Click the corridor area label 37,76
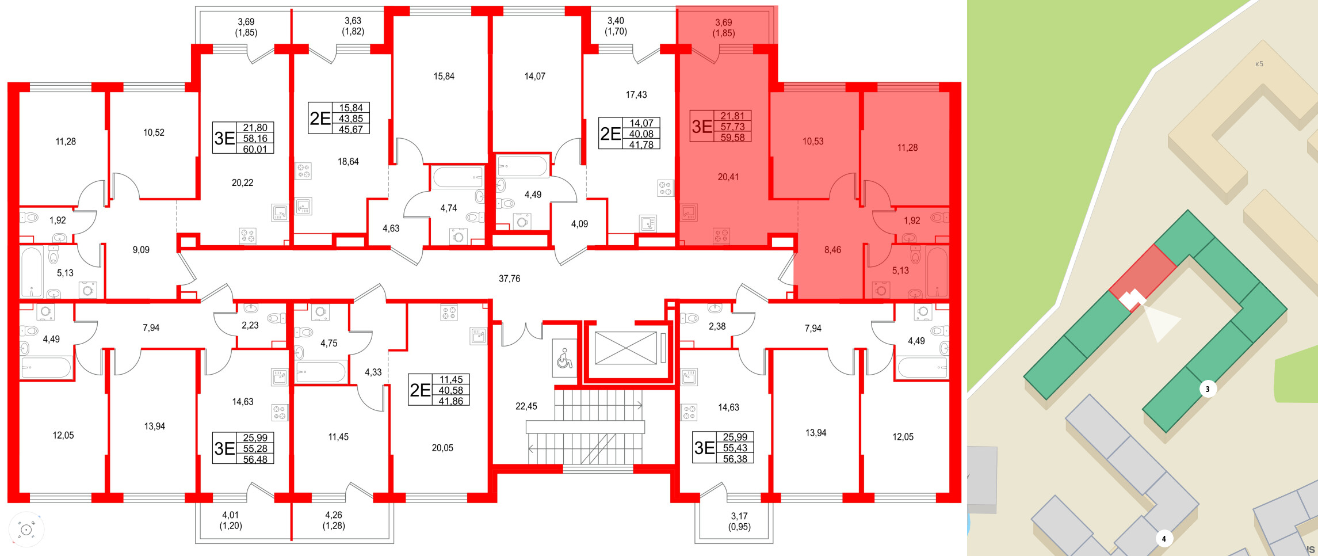tap(509, 279)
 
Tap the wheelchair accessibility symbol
tap(564, 359)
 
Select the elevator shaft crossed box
tap(625, 348)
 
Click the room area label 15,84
tap(444, 76)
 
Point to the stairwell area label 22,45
tap(526, 406)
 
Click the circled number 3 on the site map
tap(1207, 389)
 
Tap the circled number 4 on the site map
tap(1164, 539)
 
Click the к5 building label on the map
tap(1259, 64)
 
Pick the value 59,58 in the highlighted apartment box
tap(732, 138)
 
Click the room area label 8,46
tap(832, 250)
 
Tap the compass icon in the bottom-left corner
tap(26, 529)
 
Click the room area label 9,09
tap(141, 250)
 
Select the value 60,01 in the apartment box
tap(255, 149)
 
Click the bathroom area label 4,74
tap(448, 208)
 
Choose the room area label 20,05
tap(442, 448)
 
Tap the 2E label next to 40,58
tap(420, 390)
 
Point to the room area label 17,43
tap(636, 94)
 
